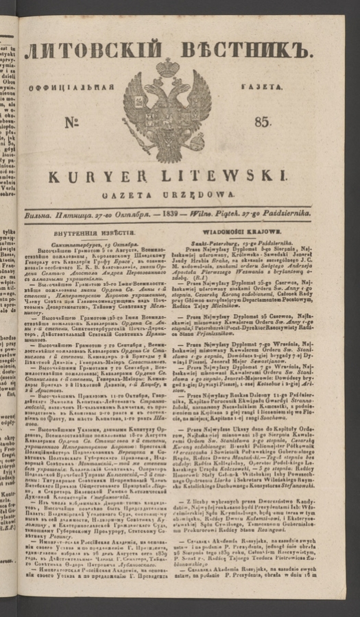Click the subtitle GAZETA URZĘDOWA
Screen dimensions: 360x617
pyautogui.click(x=167, y=195)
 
